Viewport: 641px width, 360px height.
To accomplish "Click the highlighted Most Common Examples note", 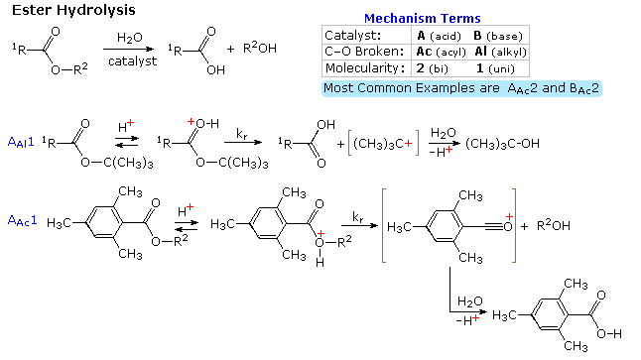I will [x=461, y=88].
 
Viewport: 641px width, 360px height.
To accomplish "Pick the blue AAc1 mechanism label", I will [x=21, y=219].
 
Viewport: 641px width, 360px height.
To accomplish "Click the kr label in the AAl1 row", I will [x=241, y=130].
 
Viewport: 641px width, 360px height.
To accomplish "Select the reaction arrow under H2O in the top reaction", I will [x=128, y=47].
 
